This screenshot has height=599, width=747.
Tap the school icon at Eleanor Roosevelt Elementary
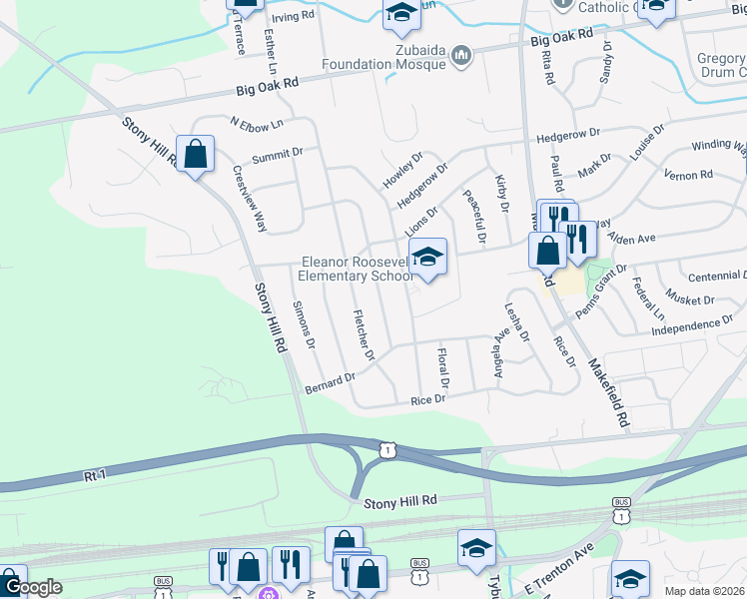(x=427, y=258)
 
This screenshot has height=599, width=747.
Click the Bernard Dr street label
(x=330, y=383)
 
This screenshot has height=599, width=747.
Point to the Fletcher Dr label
(x=364, y=335)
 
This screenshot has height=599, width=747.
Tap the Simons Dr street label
(x=304, y=324)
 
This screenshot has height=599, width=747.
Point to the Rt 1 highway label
(x=96, y=477)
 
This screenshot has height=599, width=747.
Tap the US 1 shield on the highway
(x=387, y=451)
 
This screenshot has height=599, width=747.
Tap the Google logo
(x=32, y=588)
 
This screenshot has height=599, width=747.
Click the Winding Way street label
(x=718, y=146)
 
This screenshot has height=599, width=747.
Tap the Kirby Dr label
(x=502, y=195)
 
